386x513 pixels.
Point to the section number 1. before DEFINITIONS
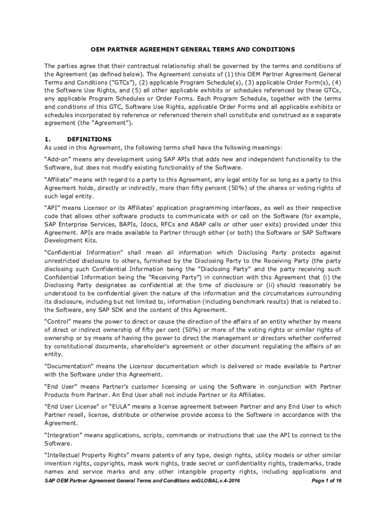tap(47, 139)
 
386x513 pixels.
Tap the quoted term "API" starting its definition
tap(53, 207)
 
